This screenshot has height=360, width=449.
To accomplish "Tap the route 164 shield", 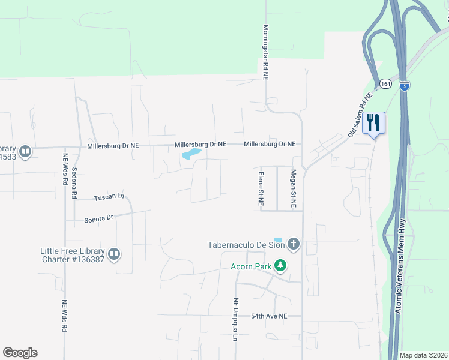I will [x=385, y=84].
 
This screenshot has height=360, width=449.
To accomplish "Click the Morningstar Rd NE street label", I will [x=265, y=53].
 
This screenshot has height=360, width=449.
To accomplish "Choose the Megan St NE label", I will [x=294, y=189].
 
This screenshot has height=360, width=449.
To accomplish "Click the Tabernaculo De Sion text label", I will [x=246, y=244].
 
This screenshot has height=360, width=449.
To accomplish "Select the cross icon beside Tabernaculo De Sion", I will [x=293, y=244].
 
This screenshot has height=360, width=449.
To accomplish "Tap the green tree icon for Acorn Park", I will [x=280, y=265].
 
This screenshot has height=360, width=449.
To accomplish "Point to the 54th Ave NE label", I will [x=270, y=316].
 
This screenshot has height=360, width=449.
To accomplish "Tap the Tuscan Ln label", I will [x=108, y=197].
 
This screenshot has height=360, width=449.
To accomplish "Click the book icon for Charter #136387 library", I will [x=114, y=254].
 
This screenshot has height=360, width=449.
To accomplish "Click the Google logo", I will [x=20, y=353].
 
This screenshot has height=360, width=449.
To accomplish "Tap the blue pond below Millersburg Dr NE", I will [x=190, y=155].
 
